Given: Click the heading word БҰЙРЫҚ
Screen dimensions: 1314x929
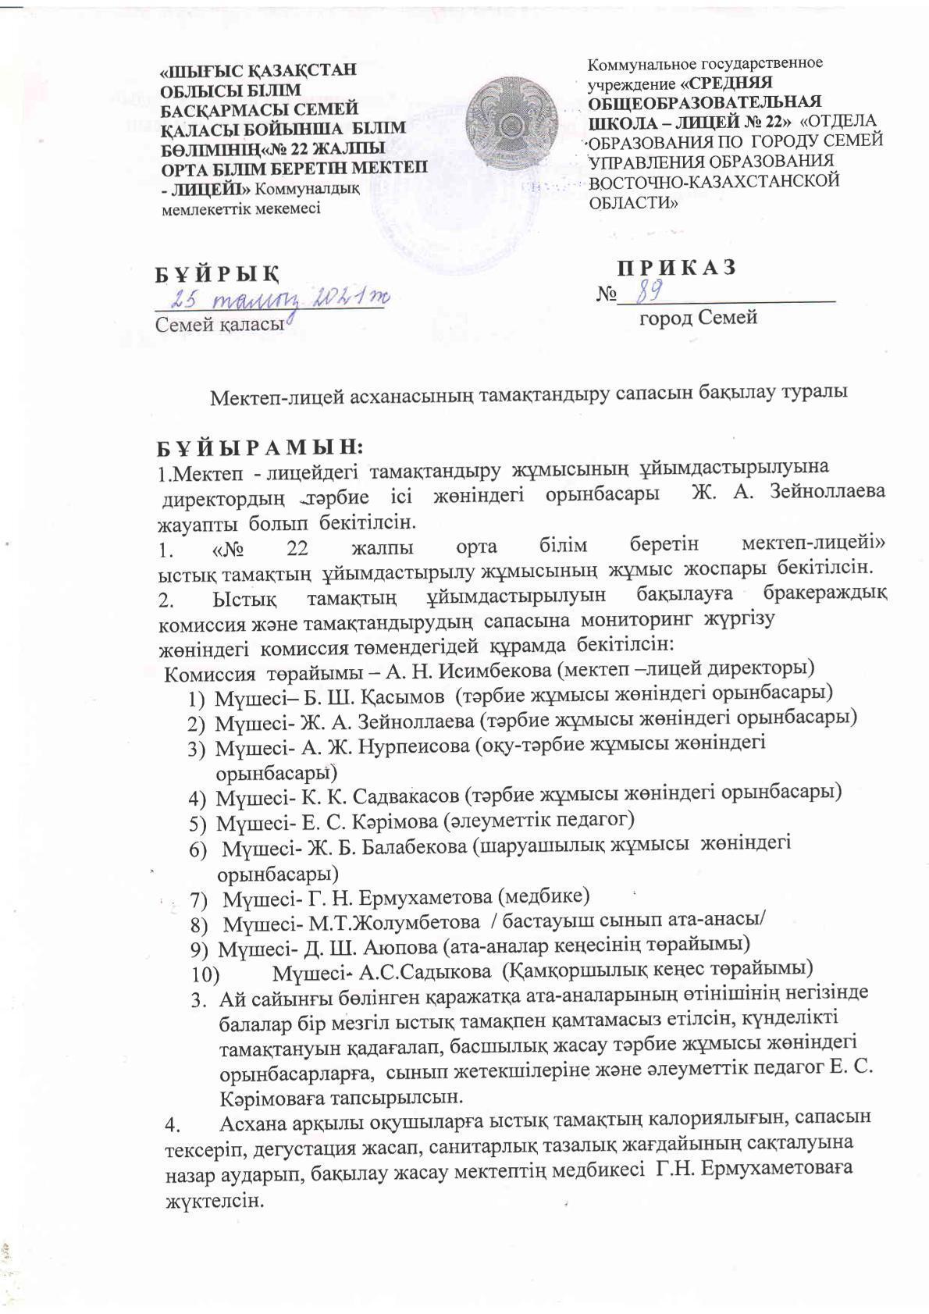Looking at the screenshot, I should pos(216,275).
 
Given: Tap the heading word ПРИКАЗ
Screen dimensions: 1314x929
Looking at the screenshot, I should pos(677,267).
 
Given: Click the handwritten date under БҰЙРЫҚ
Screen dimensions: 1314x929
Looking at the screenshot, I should pos(280,300).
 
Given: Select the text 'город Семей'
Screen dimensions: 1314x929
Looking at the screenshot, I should pos(698,318).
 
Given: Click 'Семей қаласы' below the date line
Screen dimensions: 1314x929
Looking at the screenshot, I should pos(219,324).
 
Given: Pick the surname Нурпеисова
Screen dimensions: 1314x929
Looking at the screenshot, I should pos(414,746).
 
